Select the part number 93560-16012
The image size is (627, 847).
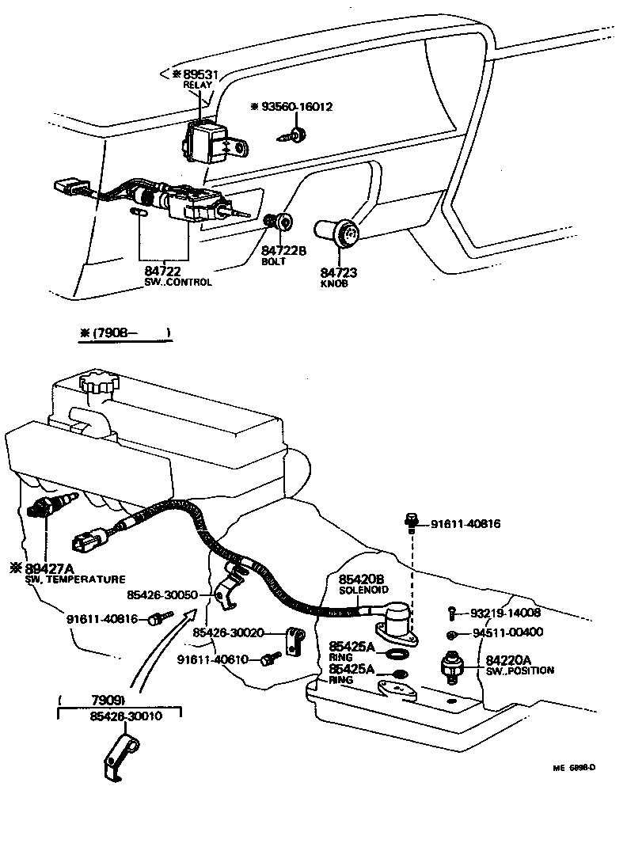point(297,107)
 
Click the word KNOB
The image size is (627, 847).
point(334,283)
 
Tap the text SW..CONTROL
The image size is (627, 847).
point(177,283)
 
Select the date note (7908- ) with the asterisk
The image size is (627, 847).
point(125,333)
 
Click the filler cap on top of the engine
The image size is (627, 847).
point(98,387)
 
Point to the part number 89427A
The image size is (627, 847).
point(47,568)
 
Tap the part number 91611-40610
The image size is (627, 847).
point(213,659)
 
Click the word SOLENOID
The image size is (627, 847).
point(363,591)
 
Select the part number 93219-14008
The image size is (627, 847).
point(505,612)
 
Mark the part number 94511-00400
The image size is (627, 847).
point(507,632)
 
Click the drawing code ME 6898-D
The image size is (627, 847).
point(574,767)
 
